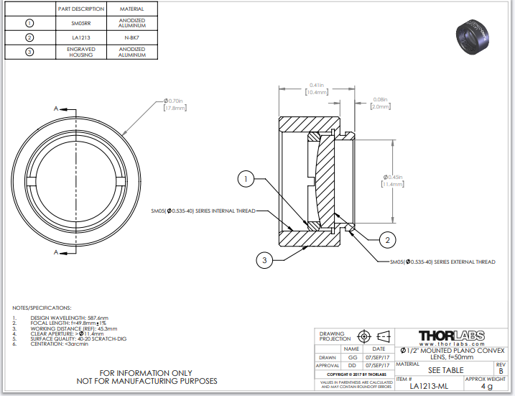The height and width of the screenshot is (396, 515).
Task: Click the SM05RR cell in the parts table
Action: tap(80, 22)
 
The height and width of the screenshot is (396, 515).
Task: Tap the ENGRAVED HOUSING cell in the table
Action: tap(80, 52)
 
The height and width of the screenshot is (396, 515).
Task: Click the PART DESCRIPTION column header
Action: tap(80, 9)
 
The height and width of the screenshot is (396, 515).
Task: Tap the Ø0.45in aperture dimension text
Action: tap(391, 178)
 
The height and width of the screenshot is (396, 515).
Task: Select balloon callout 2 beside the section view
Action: tap(386, 239)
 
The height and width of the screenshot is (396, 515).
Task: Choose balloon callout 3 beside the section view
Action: tap(265, 260)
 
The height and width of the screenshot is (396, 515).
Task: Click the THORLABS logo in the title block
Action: tap(451, 336)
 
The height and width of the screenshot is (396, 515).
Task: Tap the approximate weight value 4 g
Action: tap(487, 386)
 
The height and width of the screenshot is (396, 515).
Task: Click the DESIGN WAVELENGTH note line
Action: tap(69, 318)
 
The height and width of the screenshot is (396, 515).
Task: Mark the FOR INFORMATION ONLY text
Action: tap(146, 372)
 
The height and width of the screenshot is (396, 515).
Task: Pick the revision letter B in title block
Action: tap(501, 371)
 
